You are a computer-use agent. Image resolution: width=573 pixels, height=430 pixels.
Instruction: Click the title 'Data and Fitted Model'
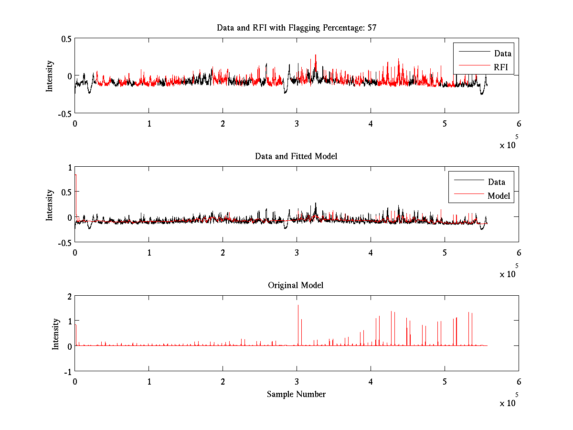point(296,156)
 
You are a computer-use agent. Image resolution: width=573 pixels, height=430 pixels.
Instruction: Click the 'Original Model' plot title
point(296,285)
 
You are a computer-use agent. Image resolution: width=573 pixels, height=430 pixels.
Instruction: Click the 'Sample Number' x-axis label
point(296,394)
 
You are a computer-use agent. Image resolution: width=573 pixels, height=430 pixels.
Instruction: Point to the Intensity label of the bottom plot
point(56,333)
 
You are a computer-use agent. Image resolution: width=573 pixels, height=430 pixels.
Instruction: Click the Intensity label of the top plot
point(50,75)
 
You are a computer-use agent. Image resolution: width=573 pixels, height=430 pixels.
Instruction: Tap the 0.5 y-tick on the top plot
point(66,39)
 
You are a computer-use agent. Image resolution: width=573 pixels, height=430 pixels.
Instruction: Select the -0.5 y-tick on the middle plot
point(64,242)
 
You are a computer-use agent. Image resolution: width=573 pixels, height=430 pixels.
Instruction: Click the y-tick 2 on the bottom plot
point(69,296)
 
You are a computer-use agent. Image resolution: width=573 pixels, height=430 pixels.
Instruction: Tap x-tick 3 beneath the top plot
point(297,123)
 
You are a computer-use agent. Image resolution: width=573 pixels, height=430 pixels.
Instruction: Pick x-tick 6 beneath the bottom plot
point(519,381)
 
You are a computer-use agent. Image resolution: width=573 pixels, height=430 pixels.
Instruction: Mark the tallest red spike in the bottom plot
point(298,306)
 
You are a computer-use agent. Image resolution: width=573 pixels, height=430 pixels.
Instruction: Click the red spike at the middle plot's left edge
point(75,176)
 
